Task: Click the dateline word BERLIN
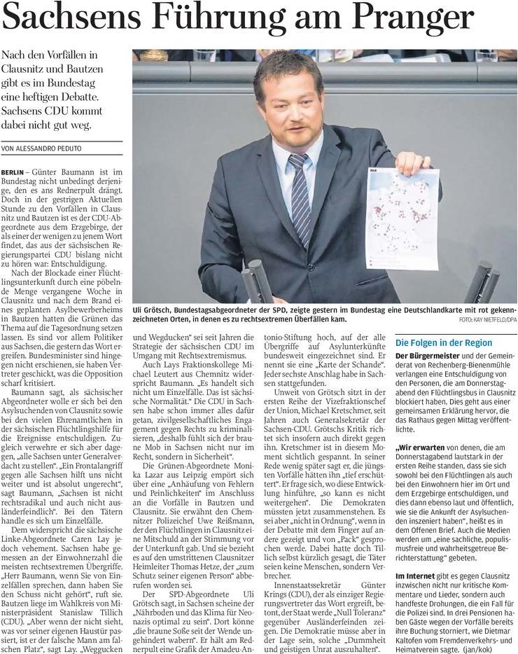(14, 172)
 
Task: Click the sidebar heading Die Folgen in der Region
(443, 343)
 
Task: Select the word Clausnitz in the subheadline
(29, 70)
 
